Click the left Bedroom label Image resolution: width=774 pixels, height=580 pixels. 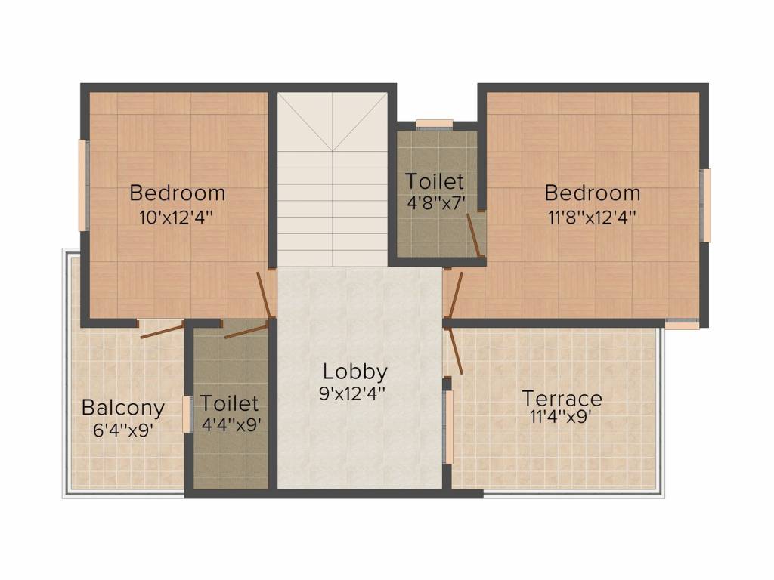coord(178,193)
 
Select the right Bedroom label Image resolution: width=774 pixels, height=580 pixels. coord(593,193)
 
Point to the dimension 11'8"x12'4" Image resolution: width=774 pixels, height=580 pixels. coord(593,217)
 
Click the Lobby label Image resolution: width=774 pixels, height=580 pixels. coord(355,372)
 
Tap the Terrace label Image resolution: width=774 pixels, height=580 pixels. coord(562,398)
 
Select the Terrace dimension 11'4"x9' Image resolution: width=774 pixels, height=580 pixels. coord(561,416)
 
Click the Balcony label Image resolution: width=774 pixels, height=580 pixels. coord(123,408)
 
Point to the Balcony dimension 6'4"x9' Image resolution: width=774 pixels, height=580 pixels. coord(123,427)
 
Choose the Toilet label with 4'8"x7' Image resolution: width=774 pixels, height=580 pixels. coord(435,181)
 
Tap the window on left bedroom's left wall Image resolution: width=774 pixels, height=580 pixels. coord(83,185)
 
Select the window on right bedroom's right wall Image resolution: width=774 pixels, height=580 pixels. coord(706,205)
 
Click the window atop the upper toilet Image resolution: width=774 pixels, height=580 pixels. coord(435,124)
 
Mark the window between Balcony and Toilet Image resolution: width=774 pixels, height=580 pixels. coord(186,415)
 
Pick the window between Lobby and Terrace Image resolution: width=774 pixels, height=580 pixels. coord(447,427)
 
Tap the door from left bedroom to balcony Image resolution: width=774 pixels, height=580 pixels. coord(161,329)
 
